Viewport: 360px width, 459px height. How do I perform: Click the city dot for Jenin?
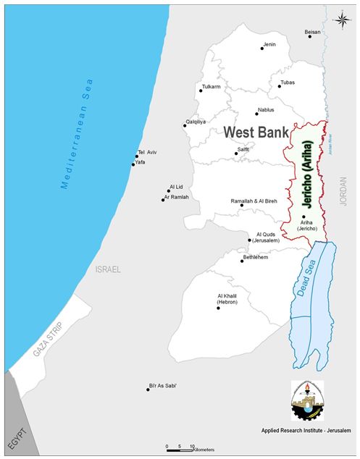262,49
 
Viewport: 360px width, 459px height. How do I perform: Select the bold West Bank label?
251,132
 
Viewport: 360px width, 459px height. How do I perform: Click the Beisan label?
312,32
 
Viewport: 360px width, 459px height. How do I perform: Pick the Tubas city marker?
279,87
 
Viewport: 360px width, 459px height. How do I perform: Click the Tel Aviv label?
147,152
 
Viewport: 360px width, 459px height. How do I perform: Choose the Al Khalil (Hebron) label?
228,300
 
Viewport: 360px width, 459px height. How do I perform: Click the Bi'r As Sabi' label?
163,385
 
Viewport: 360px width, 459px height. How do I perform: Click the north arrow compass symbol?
341,20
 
